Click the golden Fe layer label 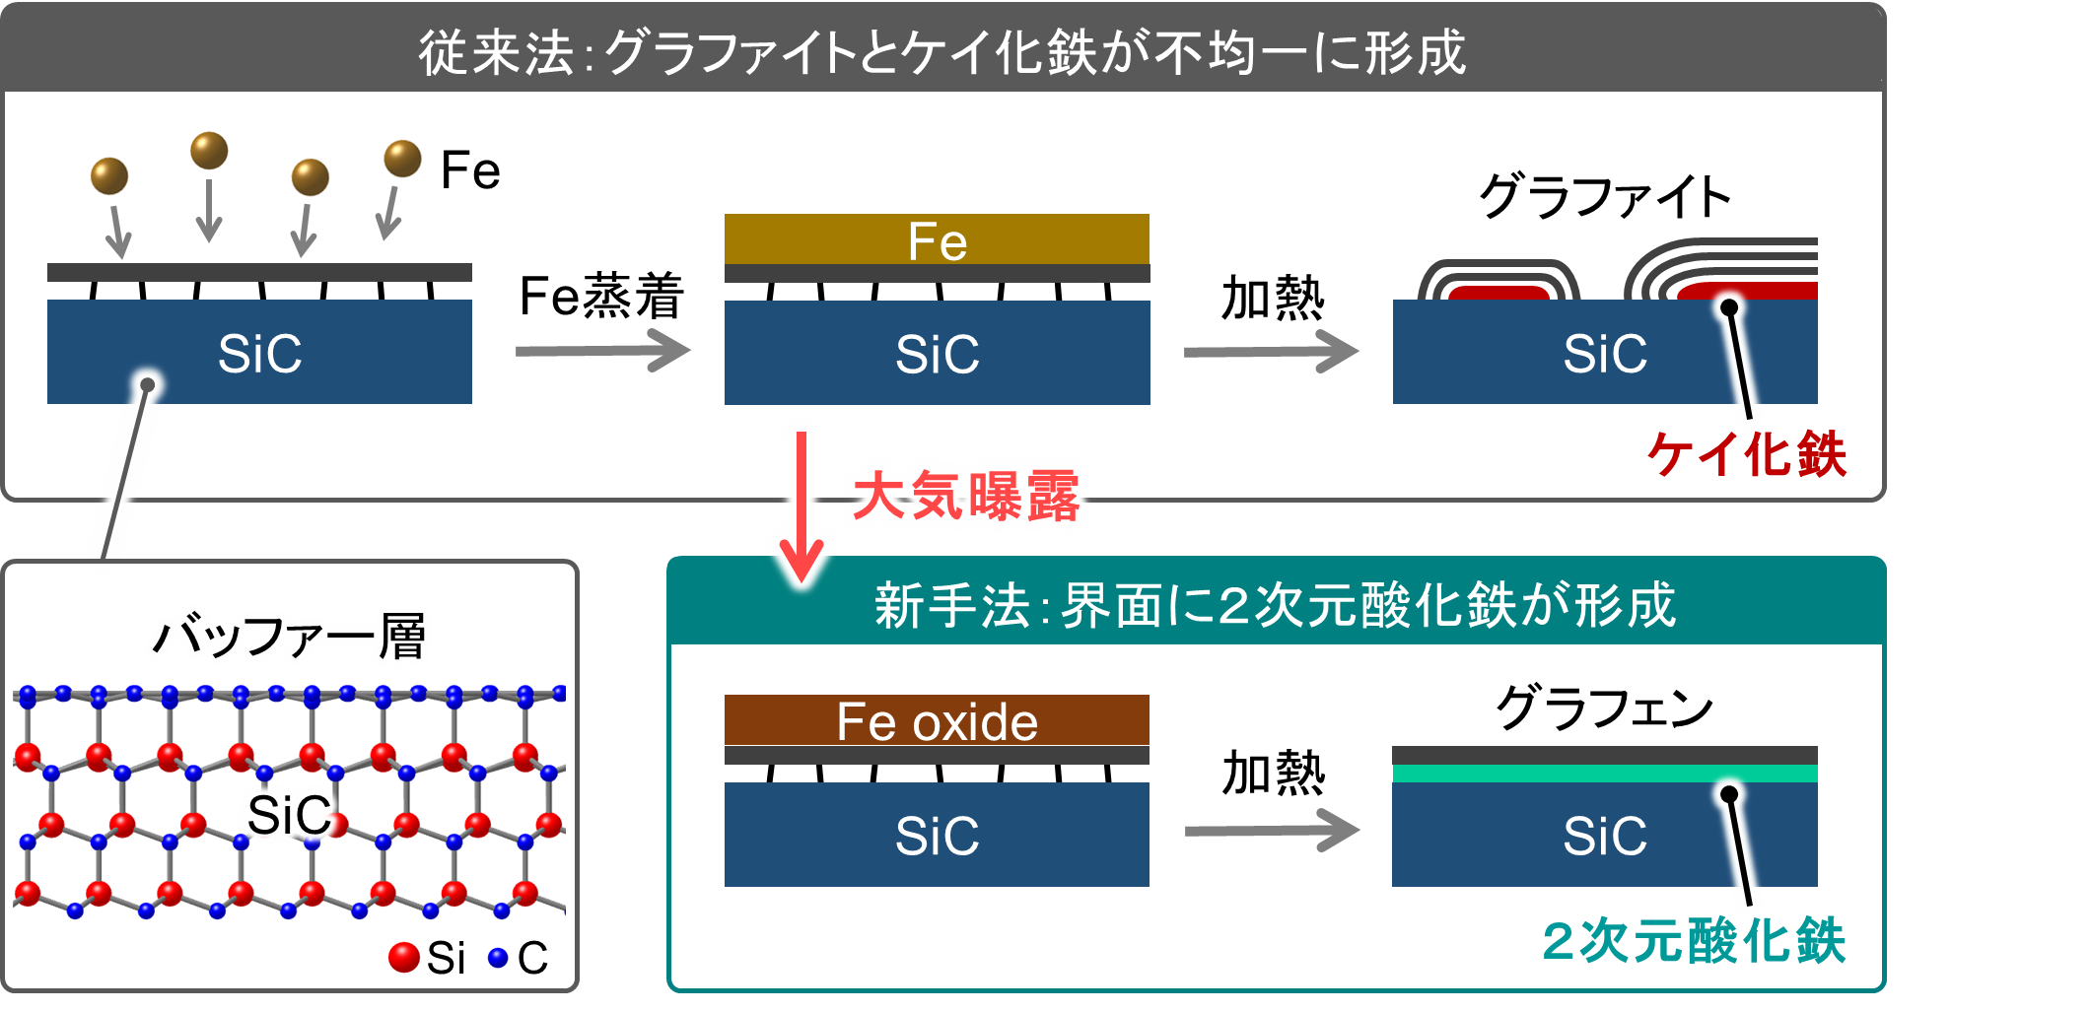click(937, 241)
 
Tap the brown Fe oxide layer click(937, 721)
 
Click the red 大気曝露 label click(966, 496)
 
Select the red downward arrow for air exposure click(802, 503)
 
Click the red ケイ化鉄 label click(1747, 455)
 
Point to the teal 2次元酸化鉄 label click(1694, 940)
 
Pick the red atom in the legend click(403, 956)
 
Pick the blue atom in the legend click(498, 957)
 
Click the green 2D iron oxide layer click(1604, 774)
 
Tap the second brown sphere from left click(209, 150)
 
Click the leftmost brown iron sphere click(108, 175)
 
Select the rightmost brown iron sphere click(402, 158)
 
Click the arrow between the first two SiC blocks click(602, 351)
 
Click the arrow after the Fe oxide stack click(1272, 831)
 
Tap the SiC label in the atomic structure click(289, 815)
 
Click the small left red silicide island click(1499, 293)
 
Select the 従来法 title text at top click(942, 51)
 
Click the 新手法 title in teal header click(1274, 605)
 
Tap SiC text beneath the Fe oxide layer click(937, 836)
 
